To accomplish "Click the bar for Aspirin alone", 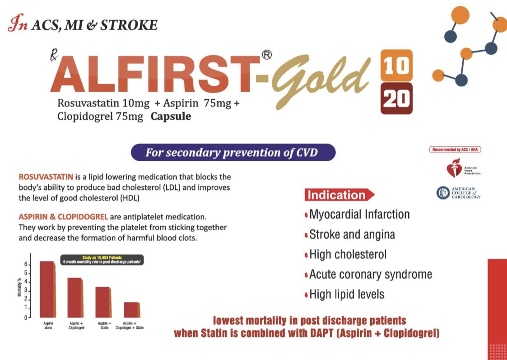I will (x=47, y=289).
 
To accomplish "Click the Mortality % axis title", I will (x=19, y=288).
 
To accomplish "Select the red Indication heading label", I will (x=337, y=195).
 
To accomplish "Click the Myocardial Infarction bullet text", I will (x=359, y=214).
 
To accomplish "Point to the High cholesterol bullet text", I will (x=348, y=254).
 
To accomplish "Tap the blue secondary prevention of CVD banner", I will (x=233, y=152).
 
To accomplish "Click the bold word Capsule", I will (x=171, y=116).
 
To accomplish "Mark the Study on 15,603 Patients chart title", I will (x=102, y=257).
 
